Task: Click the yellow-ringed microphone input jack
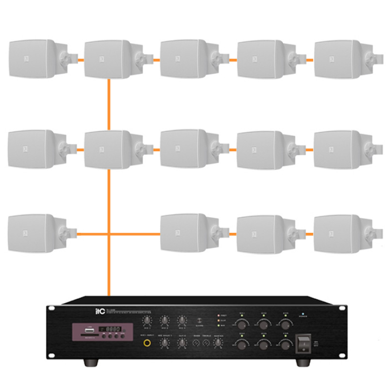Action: pyautogui.click(x=145, y=344)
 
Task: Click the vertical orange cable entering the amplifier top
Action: pyautogui.click(x=110, y=276)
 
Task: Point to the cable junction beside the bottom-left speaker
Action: pyautogui.click(x=110, y=234)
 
